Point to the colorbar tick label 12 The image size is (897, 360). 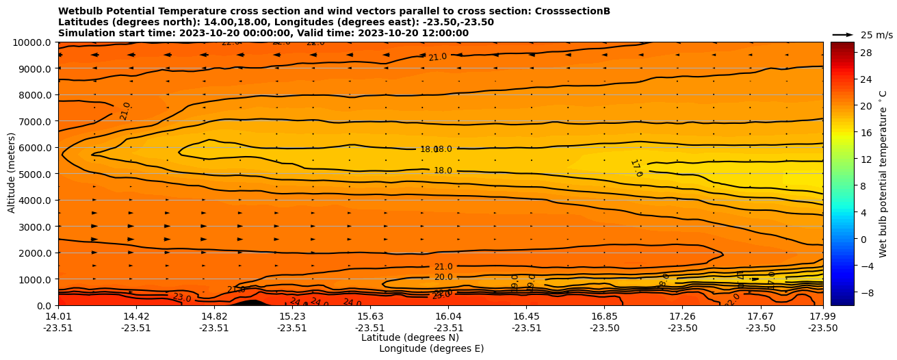pos(866,159)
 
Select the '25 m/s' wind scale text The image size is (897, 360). pos(876,35)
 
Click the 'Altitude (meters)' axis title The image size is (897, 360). pos(12,173)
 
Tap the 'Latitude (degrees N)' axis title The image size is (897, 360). pos(410,337)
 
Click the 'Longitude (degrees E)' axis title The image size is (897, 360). pos(431,348)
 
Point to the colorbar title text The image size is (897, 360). pos(883,173)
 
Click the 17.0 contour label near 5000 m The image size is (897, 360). pos(636,168)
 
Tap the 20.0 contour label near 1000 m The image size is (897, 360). pos(443,277)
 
